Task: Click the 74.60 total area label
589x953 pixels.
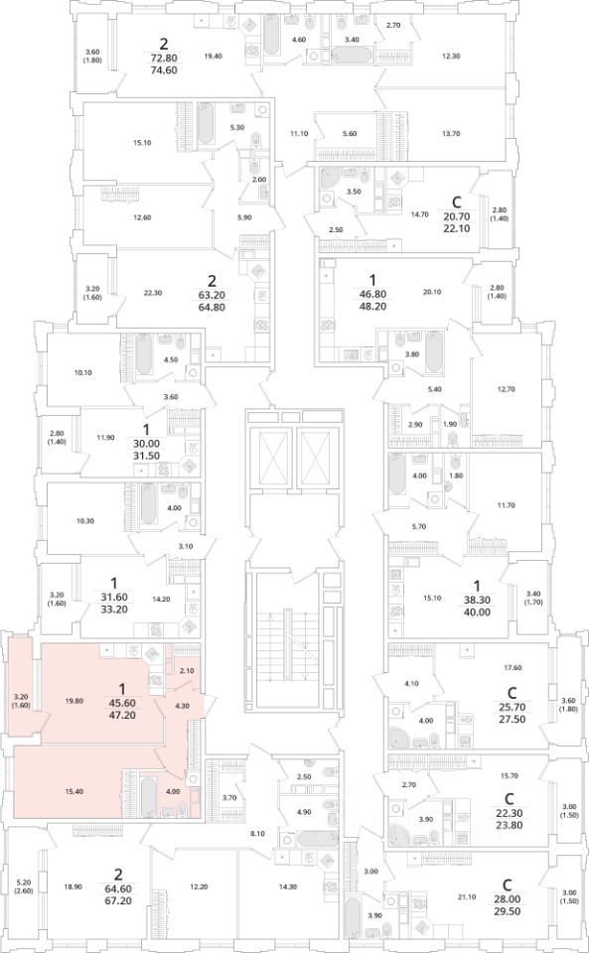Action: (164, 69)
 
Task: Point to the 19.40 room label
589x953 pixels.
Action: (213, 56)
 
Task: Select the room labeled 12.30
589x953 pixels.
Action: (450, 56)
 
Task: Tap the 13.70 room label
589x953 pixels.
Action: (450, 134)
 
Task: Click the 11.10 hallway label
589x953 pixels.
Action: (298, 134)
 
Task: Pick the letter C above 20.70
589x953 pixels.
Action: (458, 202)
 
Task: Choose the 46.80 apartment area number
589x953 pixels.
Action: (373, 294)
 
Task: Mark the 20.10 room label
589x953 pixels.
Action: (431, 292)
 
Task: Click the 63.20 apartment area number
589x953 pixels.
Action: (212, 295)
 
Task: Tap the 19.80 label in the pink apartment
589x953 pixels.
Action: (74, 701)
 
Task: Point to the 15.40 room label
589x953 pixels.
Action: (74, 791)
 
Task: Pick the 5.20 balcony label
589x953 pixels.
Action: (24, 883)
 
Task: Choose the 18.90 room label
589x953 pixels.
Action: (73, 886)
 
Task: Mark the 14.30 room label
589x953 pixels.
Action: (288, 886)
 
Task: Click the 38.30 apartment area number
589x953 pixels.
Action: (477, 600)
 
